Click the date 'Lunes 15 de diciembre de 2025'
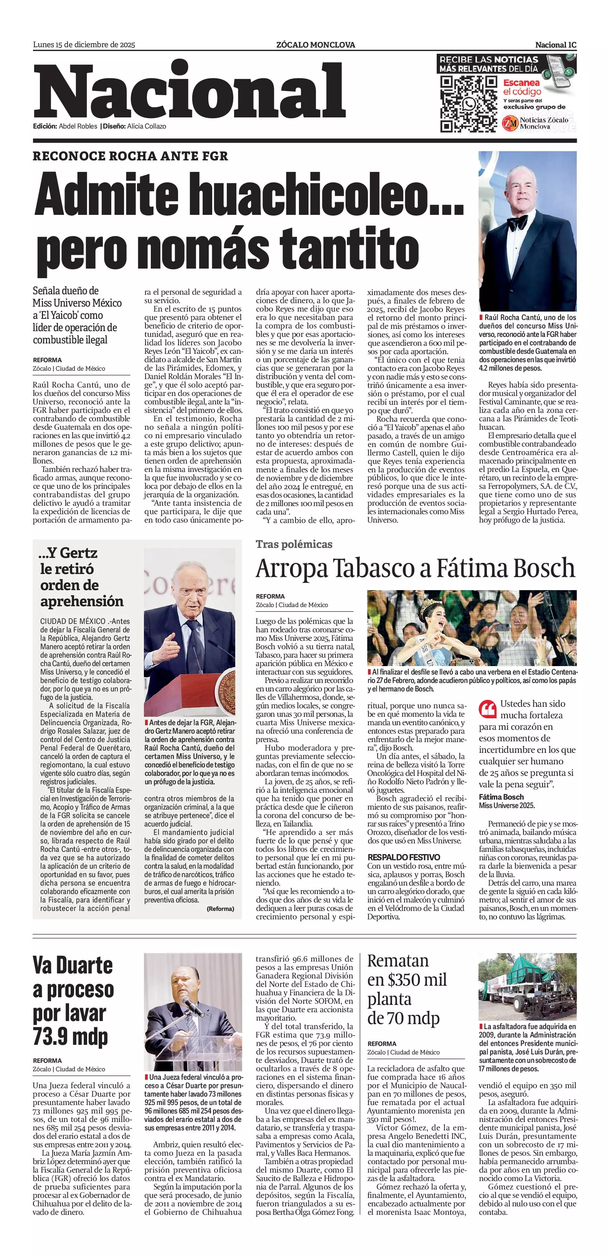84,45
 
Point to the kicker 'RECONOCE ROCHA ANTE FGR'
130,156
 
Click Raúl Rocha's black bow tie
517,223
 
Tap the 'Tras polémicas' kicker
294,544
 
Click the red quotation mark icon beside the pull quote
487,709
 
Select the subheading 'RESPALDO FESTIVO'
404,857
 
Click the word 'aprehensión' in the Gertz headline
82,601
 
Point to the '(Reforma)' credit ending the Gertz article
220,909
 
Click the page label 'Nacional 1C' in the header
555,45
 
